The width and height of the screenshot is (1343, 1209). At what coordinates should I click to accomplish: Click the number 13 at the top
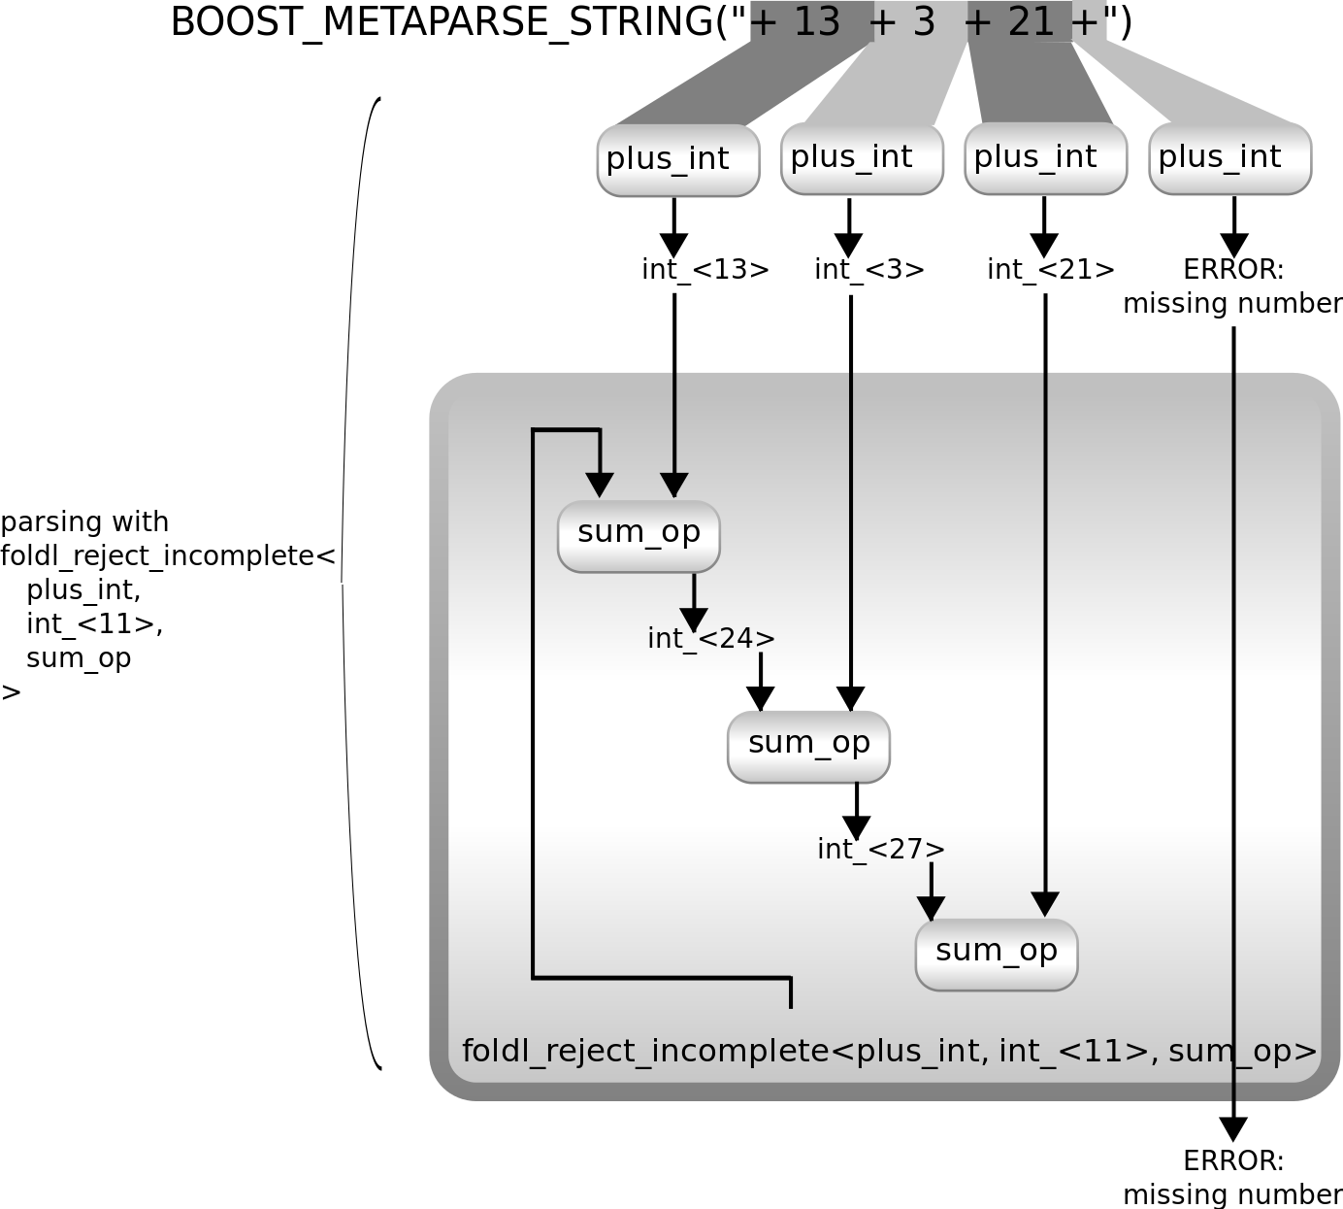pyautogui.click(x=816, y=21)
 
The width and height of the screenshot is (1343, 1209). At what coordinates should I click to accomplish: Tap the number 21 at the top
pyautogui.click(x=1031, y=21)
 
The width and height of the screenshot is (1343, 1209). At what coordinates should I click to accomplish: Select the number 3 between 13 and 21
pyautogui.click(x=923, y=21)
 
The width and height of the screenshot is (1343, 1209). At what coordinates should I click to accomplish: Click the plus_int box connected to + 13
pyautogui.click(x=677, y=159)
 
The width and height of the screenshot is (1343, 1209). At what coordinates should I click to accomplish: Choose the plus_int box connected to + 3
pyautogui.click(x=862, y=157)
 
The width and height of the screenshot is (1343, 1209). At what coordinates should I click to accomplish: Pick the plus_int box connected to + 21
pyautogui.click(x=1045, y=157)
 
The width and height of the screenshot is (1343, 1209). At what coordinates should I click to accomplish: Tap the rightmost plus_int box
pyautogui.click(x=1229, y=157)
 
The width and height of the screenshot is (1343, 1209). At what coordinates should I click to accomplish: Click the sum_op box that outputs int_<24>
pyautogui.click(x=639, y=536)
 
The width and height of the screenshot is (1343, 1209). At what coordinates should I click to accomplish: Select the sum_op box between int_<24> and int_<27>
pyautogui.click(x=808, y=746)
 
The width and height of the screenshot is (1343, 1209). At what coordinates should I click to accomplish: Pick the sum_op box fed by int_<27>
pyautogui.click(x=997, y=954)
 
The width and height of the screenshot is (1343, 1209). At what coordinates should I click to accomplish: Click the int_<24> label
pyautogui.click(x=711, y=639)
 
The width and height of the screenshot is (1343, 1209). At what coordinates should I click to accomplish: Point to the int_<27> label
pyautogui.click(x=881, y=850)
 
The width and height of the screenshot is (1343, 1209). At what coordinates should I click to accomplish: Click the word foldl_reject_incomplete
pyautogui.click(x=644, y=1052)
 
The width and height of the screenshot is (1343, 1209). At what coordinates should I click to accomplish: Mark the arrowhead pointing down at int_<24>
pyautogui.click(x=694, y=619)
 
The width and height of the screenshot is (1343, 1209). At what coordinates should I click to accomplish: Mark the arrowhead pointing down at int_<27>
pyautogui.click(x=856, y=827)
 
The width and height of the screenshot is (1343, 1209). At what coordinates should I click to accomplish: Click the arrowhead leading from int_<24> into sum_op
pyautogui.click(x=760, y=698)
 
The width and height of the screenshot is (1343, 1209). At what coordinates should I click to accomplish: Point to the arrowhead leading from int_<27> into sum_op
pyautogui.click(x=931, y=908)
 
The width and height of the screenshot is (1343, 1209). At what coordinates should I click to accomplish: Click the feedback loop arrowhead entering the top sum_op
pyautogui.click(x=600, y=484)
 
